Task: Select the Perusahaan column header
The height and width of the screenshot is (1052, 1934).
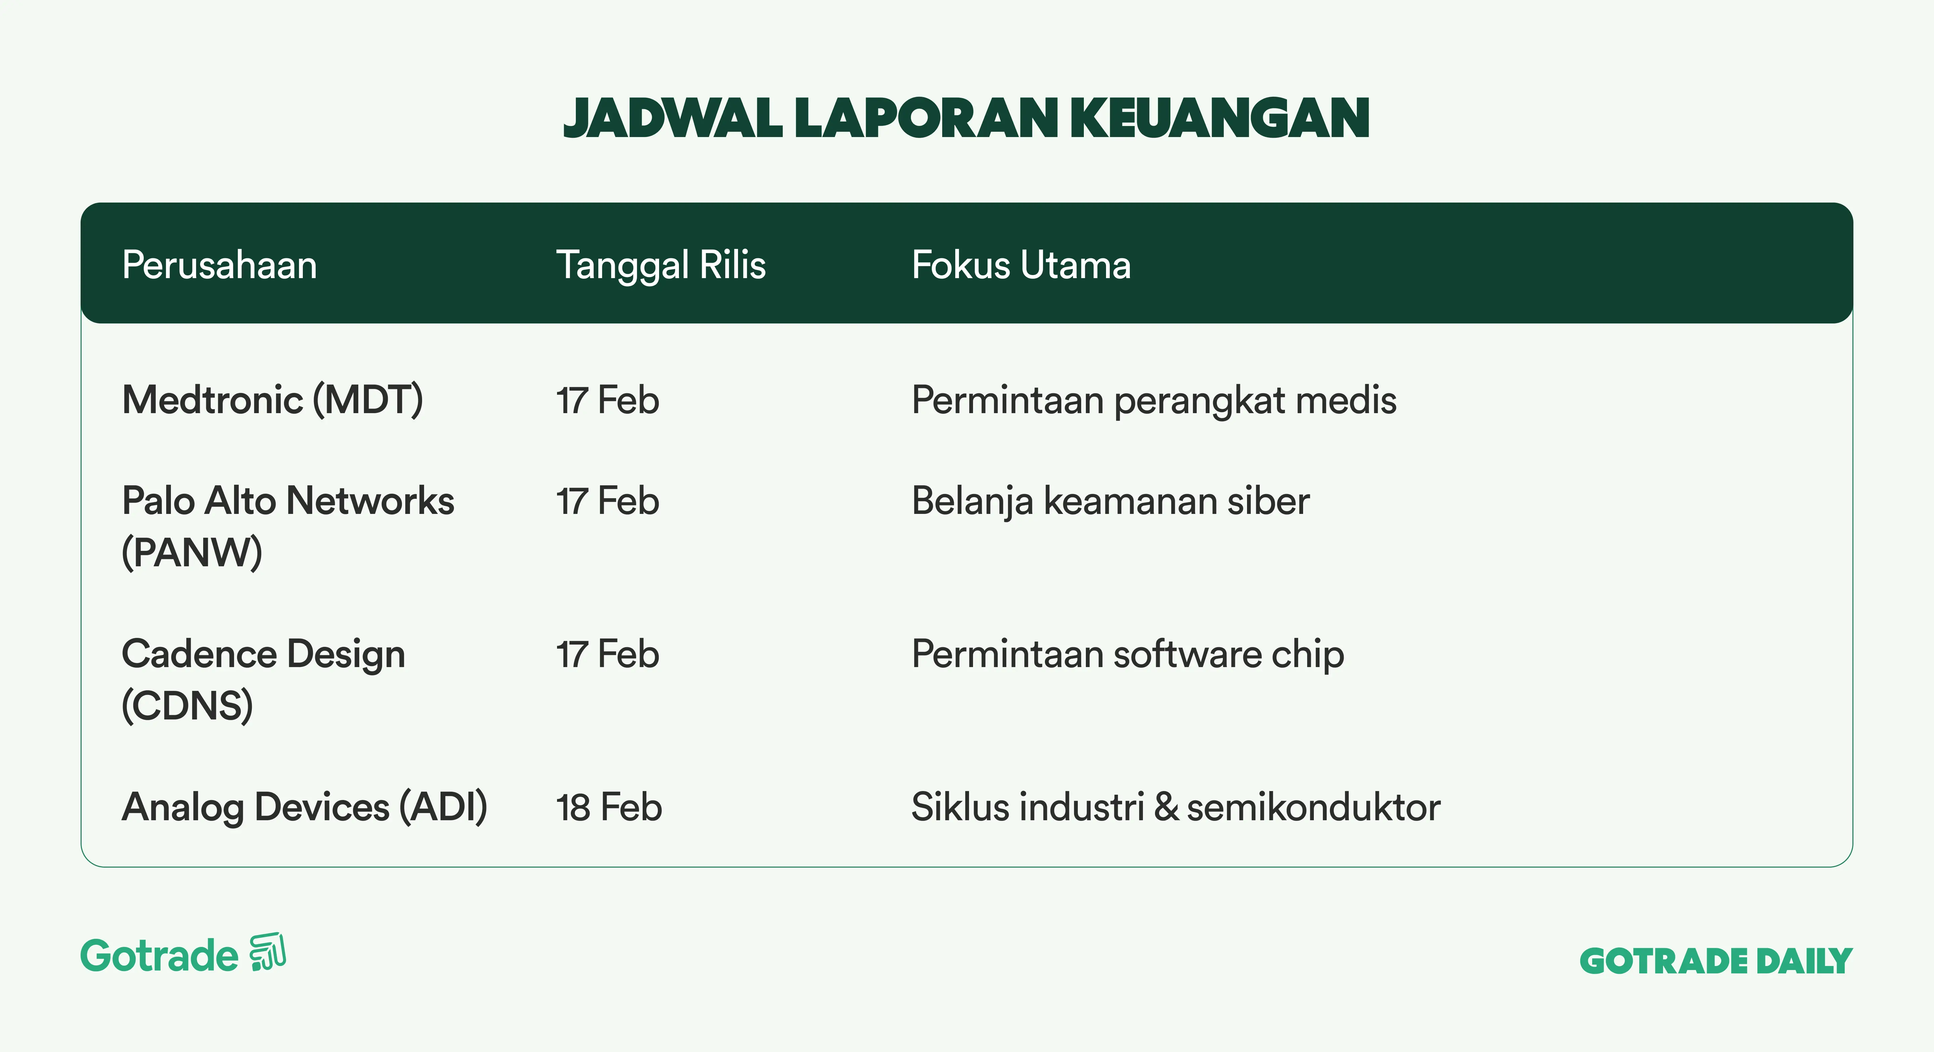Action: pyautogui.click(x=219, y=265)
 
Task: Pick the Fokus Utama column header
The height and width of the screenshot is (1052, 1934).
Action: pyautogui.click(x=1021, y=265)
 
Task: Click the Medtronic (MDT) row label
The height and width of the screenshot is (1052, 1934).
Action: pyautogui.click(x=273, y=399)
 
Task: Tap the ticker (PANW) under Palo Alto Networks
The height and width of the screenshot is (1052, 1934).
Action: pyautogui.click(x=192, y=553)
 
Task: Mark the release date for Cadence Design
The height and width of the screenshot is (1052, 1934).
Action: pyautogui.click(x=607, y=654)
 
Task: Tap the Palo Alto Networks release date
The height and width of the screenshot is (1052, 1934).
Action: pyautogui.click(x=607, y=501)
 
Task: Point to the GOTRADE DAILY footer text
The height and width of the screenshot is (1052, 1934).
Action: pyautogui.click(x=1715, y=961)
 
